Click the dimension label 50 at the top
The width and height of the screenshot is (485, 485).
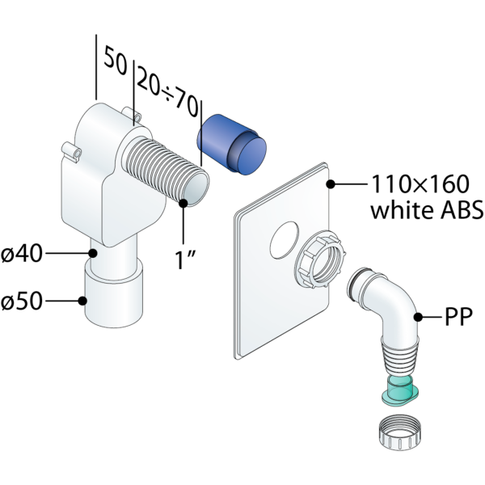[x=116, y=62]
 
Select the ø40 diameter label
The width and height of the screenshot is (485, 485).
[x=22, y=254]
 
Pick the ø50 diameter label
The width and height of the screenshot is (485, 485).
[x=22, y=302]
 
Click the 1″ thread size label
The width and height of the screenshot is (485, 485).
[x=188, y=261]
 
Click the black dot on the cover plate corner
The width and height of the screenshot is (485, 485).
[x=331, y=184]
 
